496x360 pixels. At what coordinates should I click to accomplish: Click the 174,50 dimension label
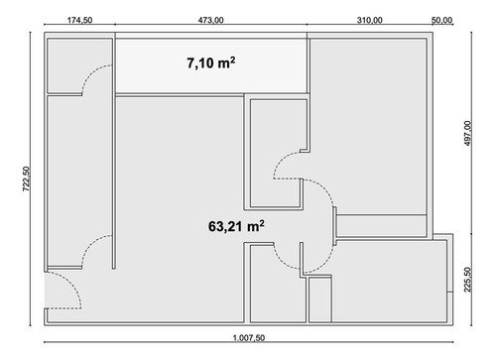click(x=79, y=20)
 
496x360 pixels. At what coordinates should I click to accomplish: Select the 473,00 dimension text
click(x=210, y=20)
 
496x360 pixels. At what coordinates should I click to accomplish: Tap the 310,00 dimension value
click(x=369, y=20)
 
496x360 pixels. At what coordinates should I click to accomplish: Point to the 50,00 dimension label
click(x=442, y=20)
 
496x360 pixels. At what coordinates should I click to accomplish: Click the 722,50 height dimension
click(x=26, y=179)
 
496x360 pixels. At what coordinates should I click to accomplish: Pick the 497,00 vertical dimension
click(x=467, y=133)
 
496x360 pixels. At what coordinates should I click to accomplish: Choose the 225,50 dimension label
click(x=467, y=280)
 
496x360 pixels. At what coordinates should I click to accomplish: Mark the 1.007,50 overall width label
click(x=249, y=338)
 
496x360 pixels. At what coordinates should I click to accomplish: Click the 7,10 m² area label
click(x=211, y=62)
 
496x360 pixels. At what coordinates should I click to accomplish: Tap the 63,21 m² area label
click(x=236, y=226)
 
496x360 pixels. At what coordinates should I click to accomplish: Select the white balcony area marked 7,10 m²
click(x=211, y=65)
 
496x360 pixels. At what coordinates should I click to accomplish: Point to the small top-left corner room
click(x=79, y=65)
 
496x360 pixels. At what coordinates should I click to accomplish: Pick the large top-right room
click(x=368, y=126)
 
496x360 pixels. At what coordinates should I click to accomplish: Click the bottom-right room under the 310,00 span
click(x=390, y=281)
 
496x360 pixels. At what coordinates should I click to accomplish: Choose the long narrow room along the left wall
click(x=79, y=180)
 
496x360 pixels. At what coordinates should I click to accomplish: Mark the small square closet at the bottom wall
click(x=320, y=300)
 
